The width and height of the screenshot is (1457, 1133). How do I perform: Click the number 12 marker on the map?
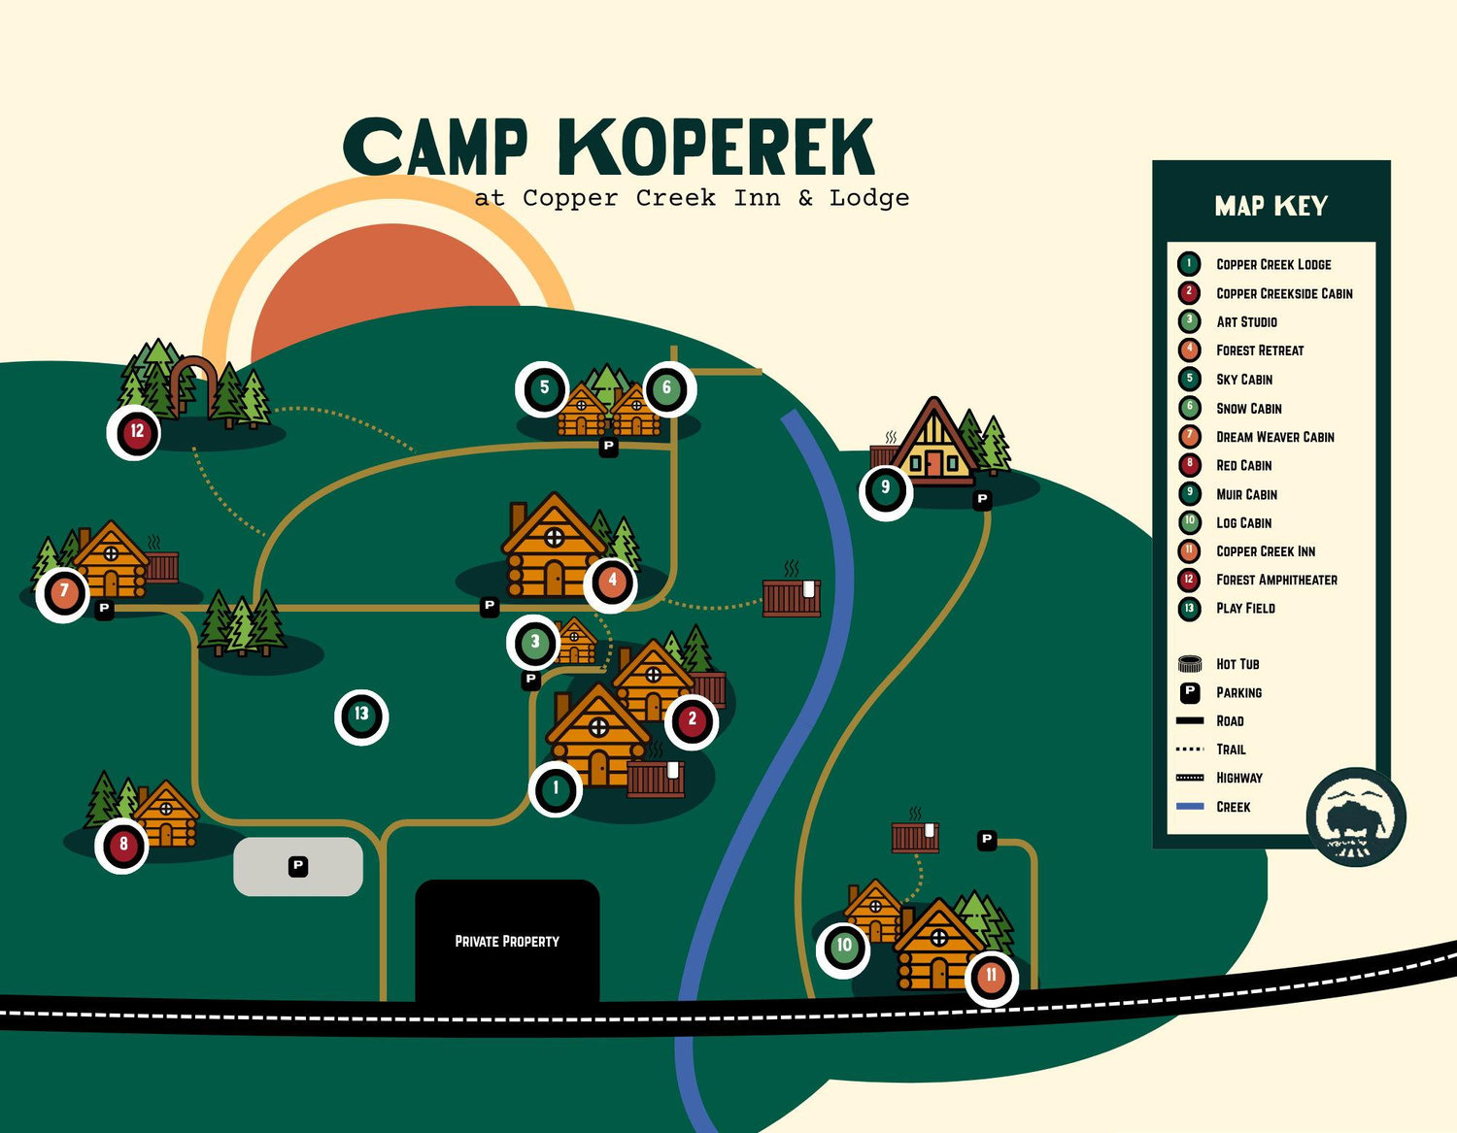click(x=134, y=432)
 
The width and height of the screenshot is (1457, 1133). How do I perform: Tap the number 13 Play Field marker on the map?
click(x=361, y=716)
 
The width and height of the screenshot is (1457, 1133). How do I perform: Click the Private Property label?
click(x=507, y=942)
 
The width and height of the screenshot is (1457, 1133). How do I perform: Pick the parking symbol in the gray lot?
click(x=298, y=866)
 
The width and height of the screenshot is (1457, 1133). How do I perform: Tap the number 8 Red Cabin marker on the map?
click(x=122, y=846)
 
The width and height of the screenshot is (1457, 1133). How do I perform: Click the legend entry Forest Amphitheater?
click(x=1276, y=580)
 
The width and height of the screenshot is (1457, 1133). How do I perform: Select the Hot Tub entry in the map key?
click(x=1237, y=664)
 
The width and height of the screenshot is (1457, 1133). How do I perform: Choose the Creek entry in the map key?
click(x=1233, y=807)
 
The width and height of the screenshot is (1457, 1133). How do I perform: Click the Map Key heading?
click(x=1271, y=206)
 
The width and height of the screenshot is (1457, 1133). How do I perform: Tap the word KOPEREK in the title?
click(x=717, y=148)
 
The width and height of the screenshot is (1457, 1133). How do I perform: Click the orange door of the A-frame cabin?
click(x=933, y=463)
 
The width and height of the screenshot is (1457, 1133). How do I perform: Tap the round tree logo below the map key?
click(x=1356, y=817)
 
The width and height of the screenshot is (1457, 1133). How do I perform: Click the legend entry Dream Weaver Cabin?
click(x=1275, y=437)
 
